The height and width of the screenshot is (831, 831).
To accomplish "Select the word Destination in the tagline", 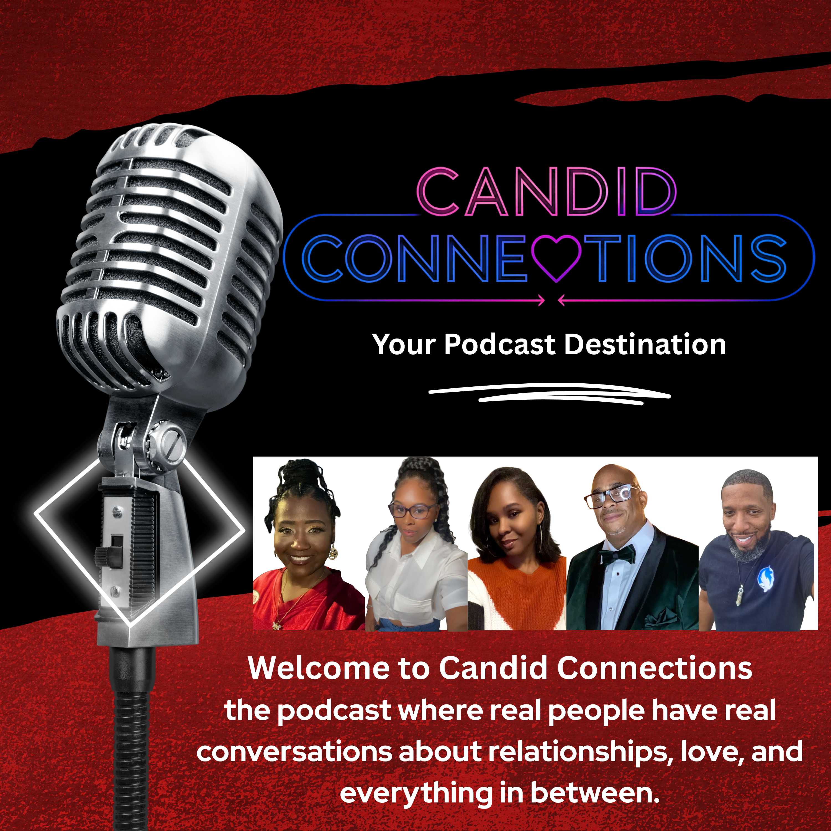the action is click(645, 345).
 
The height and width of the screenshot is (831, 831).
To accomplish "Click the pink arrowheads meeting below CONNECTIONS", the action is click(552, 301).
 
